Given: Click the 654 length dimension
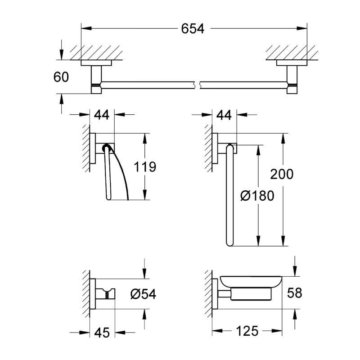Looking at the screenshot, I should pyautogui.click(x=193, y=29).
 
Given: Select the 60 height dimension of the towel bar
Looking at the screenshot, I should pyautogui.click(x=61, y=77).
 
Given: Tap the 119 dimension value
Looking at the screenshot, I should pyautogui.click(x=145, y=167).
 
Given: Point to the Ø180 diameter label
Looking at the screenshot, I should pyautogui.click(x=257, y=196).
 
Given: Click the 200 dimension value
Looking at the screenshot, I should pyautogui.click(x=282, y=174).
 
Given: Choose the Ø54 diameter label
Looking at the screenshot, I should pyautogui.click(x=143, y=294).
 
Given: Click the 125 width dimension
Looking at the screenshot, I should pyautogui.click(x=247, y=332).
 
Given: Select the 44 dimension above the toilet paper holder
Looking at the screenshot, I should pyautogui.click(x=102, y=115).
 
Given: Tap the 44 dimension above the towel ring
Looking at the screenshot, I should pyautogui.click(x=223, y=115).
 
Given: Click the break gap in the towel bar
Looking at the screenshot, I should pyautogui.click(x=198, y=84).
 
